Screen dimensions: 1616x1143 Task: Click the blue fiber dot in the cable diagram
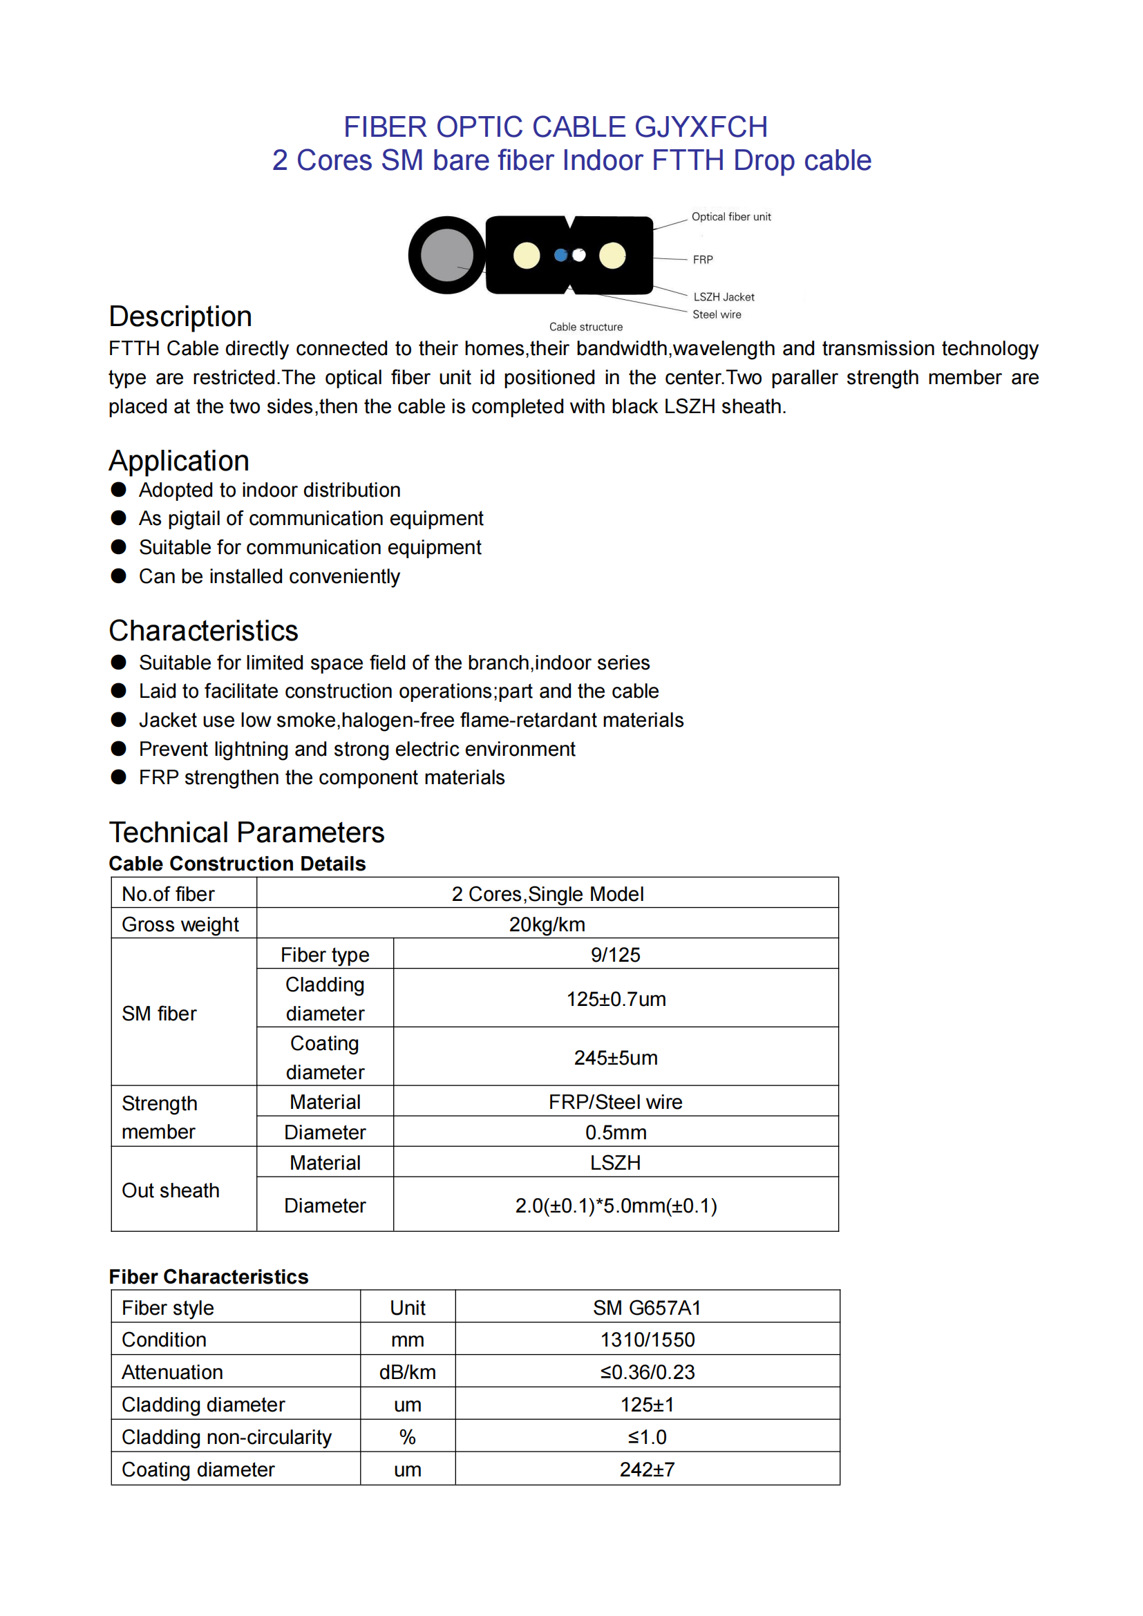click(560, 255)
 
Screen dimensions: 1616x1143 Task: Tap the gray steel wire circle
click(447, 255)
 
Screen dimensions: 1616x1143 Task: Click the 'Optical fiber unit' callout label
click(730, 217)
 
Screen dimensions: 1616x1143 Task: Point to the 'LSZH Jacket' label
click(724, 297)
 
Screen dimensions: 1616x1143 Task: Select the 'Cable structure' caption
click(585, 327)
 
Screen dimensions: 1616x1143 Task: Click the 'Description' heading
click(180, 316)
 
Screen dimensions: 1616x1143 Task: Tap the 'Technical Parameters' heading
click(246, 833)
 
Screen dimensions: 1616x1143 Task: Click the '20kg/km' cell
click(547, 924)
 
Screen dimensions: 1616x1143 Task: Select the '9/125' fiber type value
click(615, 954)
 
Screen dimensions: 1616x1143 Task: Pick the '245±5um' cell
click(615, 1057)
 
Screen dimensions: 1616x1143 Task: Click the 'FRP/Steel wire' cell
click(615, 1101)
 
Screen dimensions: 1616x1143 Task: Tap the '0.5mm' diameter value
click(615, 1132)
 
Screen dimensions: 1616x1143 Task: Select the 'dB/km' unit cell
click(408, 1372)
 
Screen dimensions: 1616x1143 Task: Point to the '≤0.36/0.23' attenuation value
click(647, 1372)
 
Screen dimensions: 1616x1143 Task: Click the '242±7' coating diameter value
click(647, 1469)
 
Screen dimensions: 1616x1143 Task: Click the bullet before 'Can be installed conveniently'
click(118, 576)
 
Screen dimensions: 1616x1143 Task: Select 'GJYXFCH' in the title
click(700, 127)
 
